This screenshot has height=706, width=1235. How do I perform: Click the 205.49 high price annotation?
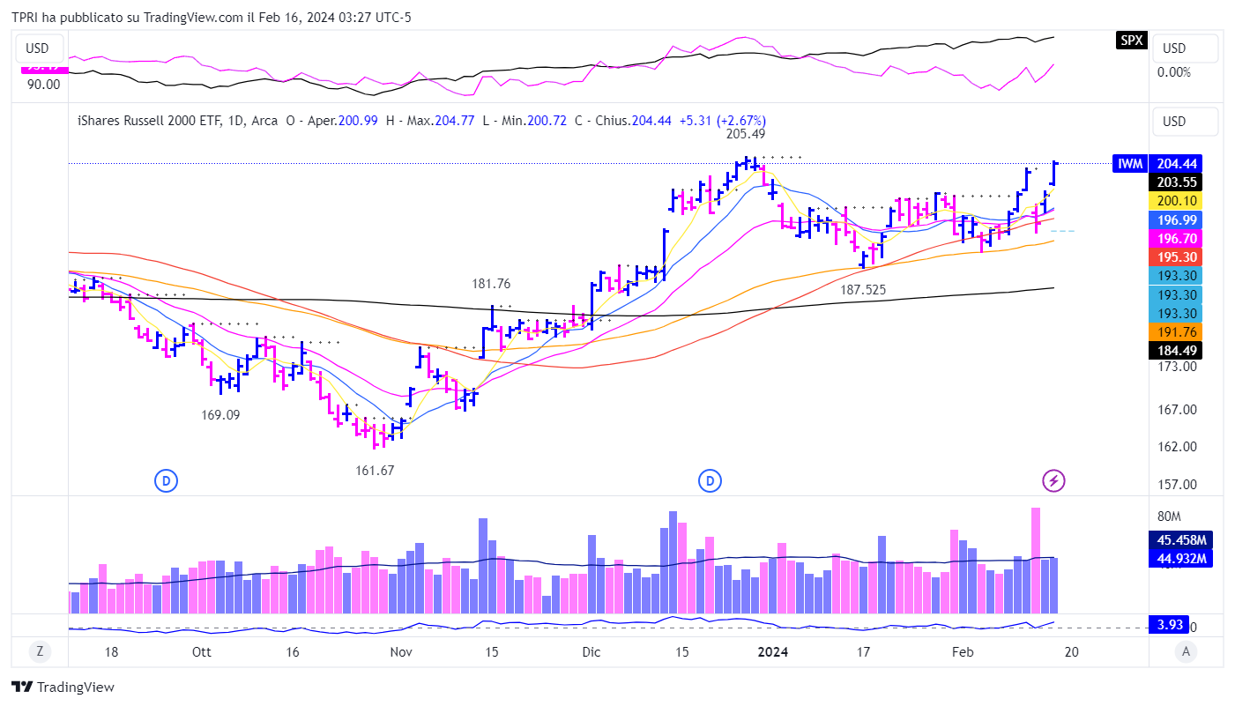[x=746, y=134]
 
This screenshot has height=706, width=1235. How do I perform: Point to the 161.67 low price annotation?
[x=375, y=471]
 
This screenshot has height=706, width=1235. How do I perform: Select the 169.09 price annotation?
[x=220, y=414]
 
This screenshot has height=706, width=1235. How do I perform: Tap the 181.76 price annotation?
[x=491, y=284]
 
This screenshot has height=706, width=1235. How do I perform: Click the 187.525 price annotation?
[x=863, y=289]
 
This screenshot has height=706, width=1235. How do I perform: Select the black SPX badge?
[x=1132, y=40]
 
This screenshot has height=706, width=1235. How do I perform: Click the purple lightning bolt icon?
[x=1053, y=480]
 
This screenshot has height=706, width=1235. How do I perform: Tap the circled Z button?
[x=40, y=651]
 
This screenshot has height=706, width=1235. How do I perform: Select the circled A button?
[x=1187, y=651]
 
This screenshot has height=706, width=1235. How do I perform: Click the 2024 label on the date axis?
[x=773, y=652]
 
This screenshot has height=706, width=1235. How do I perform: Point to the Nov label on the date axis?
[x=401, y=652]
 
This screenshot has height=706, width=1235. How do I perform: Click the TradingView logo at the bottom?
[x=63, y=687]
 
